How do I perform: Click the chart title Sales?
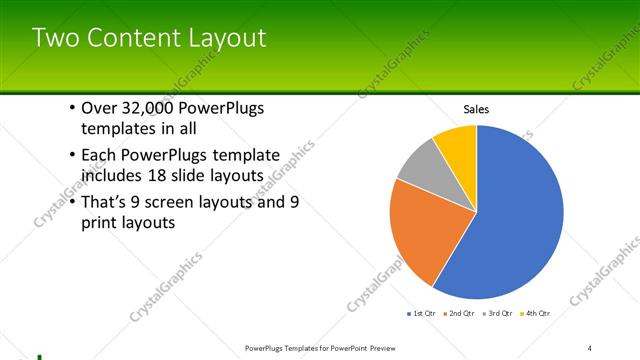(475, 109)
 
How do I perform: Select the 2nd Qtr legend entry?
(457, 314)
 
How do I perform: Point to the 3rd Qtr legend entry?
(497, 314)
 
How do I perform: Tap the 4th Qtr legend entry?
(536, 314)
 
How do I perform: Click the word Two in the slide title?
(53, 38)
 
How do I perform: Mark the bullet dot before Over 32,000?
(73, 109)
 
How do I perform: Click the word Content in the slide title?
(128, 38)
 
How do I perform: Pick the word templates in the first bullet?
(117, 128)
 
